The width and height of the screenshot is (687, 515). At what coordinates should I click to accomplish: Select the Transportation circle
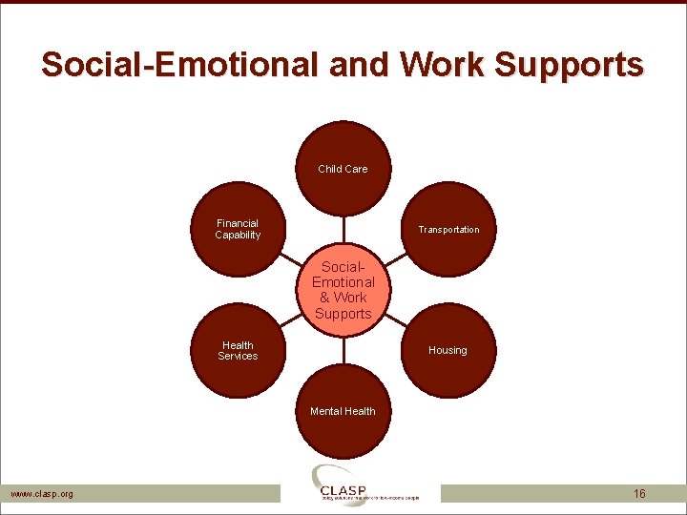coord(448,230)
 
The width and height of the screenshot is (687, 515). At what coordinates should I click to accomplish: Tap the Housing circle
coord(448,350)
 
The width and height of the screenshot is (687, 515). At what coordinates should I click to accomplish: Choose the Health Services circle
coord(238,351)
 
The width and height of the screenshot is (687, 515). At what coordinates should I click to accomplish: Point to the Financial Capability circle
coord(238,229)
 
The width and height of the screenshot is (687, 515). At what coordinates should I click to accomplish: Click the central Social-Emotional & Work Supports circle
coord(343,290)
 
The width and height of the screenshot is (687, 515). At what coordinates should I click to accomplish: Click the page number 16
coord(639,494)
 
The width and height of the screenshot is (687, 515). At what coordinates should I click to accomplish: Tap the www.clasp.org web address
coord(41,494)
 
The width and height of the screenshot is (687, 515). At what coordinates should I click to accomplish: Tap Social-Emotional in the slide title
coord(181,65)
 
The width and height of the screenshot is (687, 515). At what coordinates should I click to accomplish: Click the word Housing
coord(448,350)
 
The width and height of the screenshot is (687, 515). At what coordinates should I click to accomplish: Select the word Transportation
coord(448,230)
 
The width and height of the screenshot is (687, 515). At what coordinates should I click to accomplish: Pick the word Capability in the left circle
coord(238,236)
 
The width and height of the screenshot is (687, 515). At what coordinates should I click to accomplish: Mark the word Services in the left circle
coord(238,357)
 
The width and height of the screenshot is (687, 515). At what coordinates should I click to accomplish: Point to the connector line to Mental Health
coord(343,348)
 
